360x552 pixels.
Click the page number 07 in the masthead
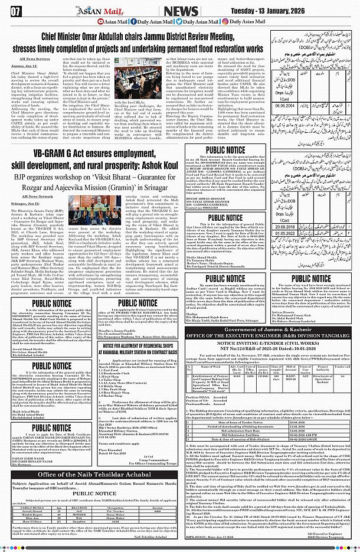click(x=12, y=11)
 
